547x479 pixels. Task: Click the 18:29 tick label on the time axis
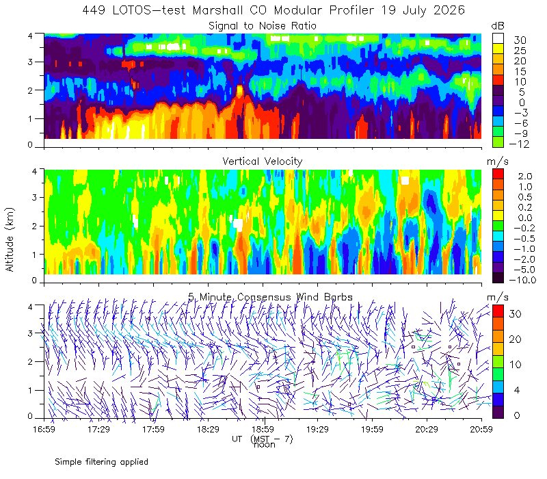[x=208, y=429]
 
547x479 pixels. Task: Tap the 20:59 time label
[x=481, y=429]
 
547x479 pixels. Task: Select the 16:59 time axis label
[x=44, y=429]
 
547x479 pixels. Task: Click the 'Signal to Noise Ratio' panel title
[x=263, y=26]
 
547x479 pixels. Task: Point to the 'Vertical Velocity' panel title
[x=263, y=161]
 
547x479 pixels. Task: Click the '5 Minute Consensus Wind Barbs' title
[x=270, y=297]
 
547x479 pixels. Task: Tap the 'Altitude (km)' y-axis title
[x=10, y=239]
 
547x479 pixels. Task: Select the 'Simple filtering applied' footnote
[x=101, y=462]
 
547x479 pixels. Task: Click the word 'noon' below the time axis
[x=265, y=445]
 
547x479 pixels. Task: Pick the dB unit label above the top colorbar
[x=498, y=26]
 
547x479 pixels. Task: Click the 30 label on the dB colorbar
[x=520, y=40]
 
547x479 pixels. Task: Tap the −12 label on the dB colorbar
[x=519, y=144]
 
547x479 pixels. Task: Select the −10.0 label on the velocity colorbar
[x=522, y=280]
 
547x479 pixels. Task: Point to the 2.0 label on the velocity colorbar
[x=525, y=176]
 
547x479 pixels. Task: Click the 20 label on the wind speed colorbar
[x=515, y=339]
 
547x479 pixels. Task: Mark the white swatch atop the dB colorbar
[x=498, y=38]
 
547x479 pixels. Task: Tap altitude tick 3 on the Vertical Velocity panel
[x=34, y=197]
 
